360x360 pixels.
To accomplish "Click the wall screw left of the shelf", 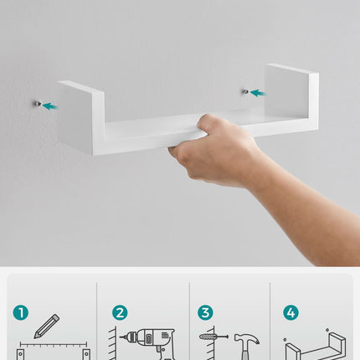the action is coord(37,104).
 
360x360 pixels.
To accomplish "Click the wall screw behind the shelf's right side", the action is coord(245,91).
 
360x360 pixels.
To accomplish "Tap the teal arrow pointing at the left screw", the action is coord(50,106).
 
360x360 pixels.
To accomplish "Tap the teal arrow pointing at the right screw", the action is coord(258,93).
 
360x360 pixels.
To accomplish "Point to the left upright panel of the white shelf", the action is coord(81,117).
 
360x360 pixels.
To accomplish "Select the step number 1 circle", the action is coord(21,312).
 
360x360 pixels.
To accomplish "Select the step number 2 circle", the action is coord(120,312).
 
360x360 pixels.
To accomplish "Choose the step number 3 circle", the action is coord(205,312).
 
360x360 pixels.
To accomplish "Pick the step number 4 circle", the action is coord(291,312).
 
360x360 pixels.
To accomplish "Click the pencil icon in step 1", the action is coord(46,327).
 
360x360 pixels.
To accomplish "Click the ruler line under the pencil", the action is coord(53,344).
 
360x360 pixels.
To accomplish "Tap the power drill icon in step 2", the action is coord(148,344).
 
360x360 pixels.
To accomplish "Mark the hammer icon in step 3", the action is coord(246,346).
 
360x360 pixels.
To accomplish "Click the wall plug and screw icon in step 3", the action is coord(213,337).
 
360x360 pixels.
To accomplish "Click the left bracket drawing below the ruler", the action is coord(20,354).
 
